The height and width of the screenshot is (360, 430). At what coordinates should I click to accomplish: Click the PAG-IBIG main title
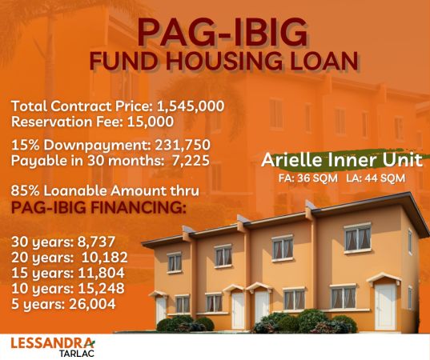click(222, 32)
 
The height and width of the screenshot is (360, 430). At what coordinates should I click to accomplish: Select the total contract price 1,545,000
click(191, 106)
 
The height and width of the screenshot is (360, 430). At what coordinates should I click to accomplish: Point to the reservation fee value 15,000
click(151, 122)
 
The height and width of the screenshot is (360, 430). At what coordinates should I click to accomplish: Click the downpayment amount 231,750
click(183, 146)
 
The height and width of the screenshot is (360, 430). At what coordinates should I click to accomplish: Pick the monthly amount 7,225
click(191, 161)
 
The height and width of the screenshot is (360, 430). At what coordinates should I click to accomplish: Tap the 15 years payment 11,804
click(102, 273)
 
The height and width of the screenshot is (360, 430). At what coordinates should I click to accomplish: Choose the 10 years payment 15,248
click(102, 289)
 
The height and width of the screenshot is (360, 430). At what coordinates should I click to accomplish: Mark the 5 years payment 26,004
click(92, 304)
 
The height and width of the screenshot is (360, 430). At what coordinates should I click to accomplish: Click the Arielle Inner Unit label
click(342, 160)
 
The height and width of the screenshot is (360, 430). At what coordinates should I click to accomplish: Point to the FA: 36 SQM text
click(308, 178)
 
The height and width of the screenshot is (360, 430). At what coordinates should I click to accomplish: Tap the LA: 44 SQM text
click(376, 178)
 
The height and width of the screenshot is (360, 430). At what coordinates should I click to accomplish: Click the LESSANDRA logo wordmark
click(53, 342)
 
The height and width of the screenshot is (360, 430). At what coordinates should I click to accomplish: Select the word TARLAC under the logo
click(77, 354)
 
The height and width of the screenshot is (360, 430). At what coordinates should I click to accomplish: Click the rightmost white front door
click(385, 306)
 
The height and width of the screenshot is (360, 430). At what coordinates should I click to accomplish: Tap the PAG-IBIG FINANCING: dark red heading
click(98, 208)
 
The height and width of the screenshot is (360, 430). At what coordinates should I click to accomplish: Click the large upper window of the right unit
click(358, 238)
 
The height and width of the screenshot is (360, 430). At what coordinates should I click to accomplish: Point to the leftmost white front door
click(161, 310)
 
